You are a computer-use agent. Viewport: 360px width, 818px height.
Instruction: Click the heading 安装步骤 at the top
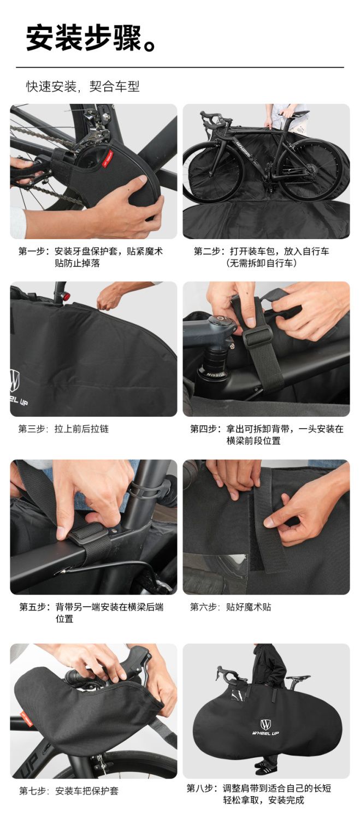tap(84, 39)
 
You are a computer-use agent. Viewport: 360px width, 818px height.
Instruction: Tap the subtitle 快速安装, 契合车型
tap(83, 86)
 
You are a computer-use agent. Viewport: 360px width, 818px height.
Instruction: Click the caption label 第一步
tap(33, 251)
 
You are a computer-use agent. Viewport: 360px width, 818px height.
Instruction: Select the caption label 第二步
tap(208, 251)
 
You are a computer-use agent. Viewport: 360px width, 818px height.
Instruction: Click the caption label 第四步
tap(204, 429)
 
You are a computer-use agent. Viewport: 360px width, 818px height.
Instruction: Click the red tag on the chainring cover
tap(107, 158)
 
